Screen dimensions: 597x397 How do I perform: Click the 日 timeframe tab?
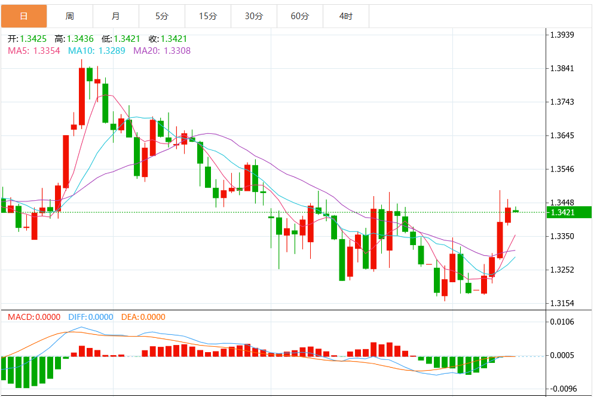coord(24,16)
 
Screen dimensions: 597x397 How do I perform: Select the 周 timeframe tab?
coord(70,16)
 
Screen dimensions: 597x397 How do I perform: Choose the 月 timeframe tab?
coord(116,16)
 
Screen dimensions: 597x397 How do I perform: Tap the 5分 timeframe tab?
coord(162,16)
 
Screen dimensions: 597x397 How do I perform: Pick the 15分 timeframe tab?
coord(208,16)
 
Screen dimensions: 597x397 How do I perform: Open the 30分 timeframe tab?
coord(254,16)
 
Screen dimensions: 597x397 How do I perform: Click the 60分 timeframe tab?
coord(300,16)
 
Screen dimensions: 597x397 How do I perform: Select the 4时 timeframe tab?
coord(346,16)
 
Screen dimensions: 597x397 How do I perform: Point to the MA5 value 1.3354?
coord(47,51)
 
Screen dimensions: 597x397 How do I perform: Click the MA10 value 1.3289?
coord(112,51)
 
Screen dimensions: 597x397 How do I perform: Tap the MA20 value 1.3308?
coord(177,51)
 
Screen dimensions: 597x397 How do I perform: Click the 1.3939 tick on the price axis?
coord(562,35)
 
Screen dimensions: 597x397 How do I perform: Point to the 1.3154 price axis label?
coord(562,304)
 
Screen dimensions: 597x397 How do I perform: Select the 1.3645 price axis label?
coord(562,136)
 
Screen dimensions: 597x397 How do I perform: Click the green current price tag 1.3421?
coord(569,212)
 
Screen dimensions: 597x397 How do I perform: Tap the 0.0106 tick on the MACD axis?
coord(562,322)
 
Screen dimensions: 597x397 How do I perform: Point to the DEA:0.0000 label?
coord(143,317)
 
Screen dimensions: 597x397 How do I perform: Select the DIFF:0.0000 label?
coord(91,317)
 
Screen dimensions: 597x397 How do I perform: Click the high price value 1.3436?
coord(80,39)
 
